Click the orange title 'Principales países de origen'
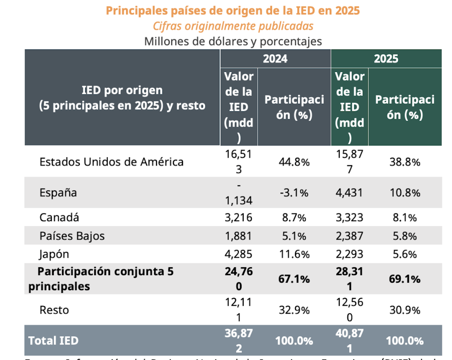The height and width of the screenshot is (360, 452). point(233,10)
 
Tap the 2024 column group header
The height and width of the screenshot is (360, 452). point(275,58)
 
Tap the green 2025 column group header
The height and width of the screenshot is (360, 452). point(386,58)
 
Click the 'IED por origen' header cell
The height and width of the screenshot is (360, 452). point(122,98)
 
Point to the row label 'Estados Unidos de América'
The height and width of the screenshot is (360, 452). point(111,162)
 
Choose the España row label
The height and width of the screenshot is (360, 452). point(58,193)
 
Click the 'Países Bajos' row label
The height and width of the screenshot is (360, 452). point(72,236)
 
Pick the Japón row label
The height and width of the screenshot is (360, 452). point(54,254)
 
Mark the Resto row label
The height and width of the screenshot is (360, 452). point(54,310)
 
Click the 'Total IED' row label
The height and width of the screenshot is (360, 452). point(53,341)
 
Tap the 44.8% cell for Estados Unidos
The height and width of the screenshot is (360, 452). point(294,162)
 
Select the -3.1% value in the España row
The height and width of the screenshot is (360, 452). point(294,193)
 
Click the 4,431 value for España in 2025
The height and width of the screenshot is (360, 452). point(349,193)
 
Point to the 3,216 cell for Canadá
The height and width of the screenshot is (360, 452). point(238,217)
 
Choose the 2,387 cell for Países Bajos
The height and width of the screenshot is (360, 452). point(349,236)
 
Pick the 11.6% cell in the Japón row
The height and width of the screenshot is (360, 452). point(294,254)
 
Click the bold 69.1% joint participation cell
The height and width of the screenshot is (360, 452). point(404,279)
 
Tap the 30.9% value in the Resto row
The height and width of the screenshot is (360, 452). point(404,310)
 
